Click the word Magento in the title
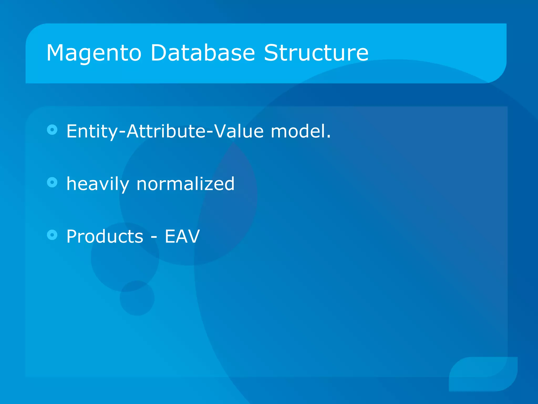(x=94, y=53)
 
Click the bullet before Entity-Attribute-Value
(x=52, y=130)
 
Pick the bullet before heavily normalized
(x=52, y=182)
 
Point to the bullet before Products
(x=52, y=235)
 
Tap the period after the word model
(x=328, y=137)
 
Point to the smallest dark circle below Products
(x=137, y=298)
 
